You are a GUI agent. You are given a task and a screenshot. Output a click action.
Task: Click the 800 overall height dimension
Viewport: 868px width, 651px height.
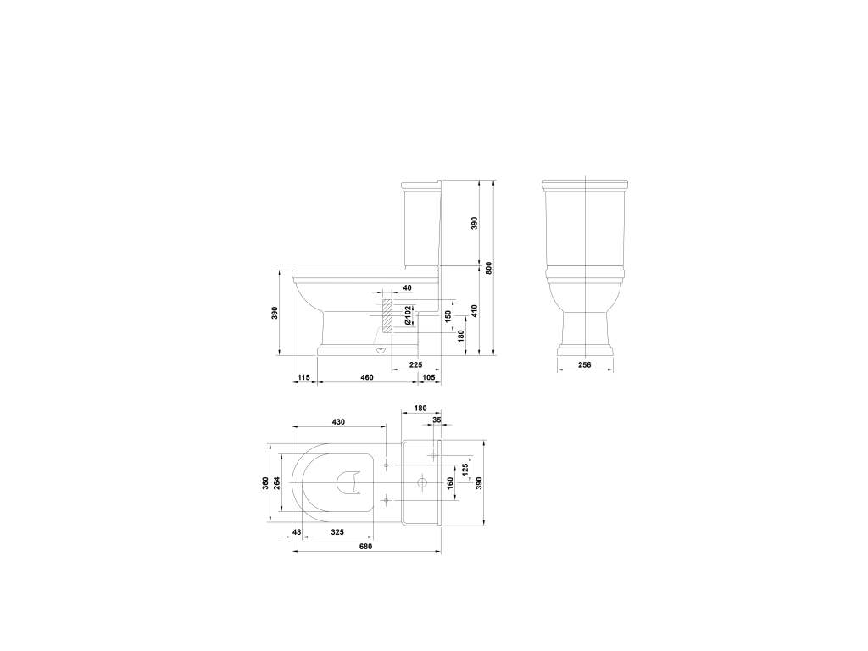[489, 267]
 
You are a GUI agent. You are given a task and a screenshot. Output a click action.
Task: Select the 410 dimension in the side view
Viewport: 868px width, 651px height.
[476, 310]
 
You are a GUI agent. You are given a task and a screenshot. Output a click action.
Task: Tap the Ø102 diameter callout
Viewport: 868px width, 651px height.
[408, 317]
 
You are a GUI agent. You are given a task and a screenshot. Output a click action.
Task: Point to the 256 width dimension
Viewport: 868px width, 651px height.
[584, 364]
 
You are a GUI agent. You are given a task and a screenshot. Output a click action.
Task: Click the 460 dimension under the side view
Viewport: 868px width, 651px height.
[367, 376]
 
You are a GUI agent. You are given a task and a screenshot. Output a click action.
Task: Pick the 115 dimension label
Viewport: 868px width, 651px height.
[304, 376]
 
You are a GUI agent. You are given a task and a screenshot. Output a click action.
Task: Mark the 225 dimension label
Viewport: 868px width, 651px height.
[415, 364]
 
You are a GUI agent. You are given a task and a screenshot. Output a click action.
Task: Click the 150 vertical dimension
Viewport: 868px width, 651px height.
[448, 315]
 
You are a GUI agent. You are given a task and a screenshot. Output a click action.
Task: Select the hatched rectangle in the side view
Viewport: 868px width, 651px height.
[386, 314]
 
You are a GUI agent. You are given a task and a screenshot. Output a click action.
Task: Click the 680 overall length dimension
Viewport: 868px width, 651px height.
[365, 547]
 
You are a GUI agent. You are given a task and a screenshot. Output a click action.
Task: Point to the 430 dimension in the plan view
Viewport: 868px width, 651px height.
[338, 421]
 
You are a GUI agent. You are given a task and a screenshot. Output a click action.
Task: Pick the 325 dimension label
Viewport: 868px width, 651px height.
[337, 532]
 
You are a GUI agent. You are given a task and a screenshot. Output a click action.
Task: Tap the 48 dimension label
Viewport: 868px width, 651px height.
[297, 532]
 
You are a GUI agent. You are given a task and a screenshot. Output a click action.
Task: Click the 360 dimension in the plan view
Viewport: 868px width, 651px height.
[266, 482]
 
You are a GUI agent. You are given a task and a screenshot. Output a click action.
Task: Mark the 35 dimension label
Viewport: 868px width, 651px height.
[437, 419]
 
